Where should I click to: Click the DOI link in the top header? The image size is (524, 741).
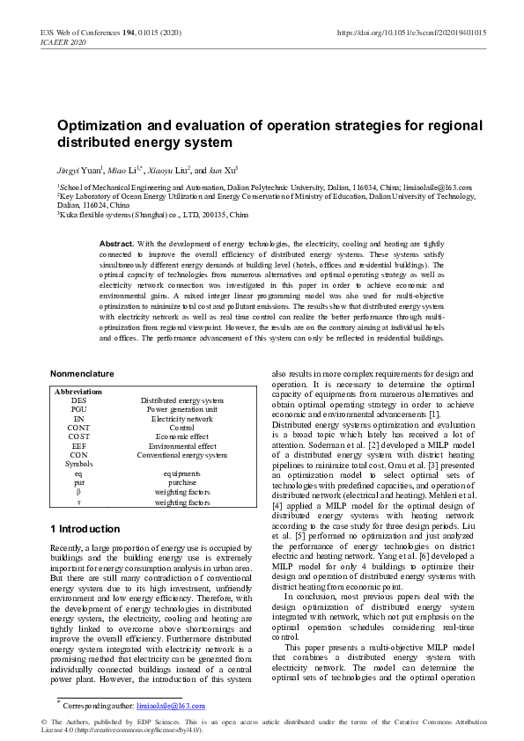pos(412,33)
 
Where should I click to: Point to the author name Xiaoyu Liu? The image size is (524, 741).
pos(168,169)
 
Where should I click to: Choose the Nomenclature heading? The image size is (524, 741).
pos(82,374)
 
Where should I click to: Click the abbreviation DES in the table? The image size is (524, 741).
pos(78,400)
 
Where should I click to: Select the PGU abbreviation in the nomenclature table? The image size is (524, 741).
pos(78,409)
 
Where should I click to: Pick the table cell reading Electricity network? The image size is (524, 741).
pos(182,418)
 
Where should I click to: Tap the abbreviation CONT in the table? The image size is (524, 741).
pos(78,428)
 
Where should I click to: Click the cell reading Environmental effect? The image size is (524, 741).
pos(182,446)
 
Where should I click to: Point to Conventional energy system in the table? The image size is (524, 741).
pos(182,455)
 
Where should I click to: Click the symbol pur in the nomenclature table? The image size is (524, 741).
pos(78,482)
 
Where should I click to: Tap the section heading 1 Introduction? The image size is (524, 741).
pos(85,529)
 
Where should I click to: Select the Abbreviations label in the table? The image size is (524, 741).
pos(78,391)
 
